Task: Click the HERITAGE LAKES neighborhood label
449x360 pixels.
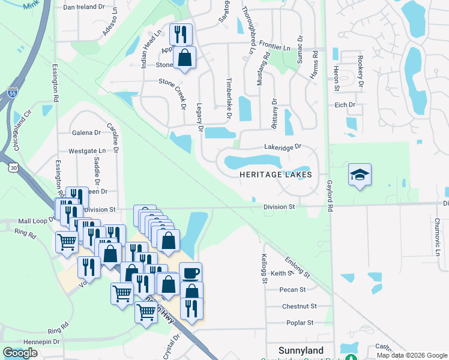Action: pyautogui.click(x=276, y=175)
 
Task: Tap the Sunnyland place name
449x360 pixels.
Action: pyautogui.click(x=301, y=350)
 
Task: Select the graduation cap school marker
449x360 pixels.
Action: pyautogui.click(x=360, y=175)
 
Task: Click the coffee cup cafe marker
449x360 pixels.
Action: pyautogui.click(x=191, y=274)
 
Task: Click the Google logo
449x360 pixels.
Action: pyautogui.click(x=20, y=353)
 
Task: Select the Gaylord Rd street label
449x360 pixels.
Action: pyautogui.click(x=330, y=196)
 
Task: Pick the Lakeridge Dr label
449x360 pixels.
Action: pyautogui.click(x=282, y=146)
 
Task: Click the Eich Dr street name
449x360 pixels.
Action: pyautogui.click(x=345, y=105)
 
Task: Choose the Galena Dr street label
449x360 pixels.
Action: pyautogui.click(x=86, y=133)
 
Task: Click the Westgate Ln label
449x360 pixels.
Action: pyautogui.click(x=86, y=152)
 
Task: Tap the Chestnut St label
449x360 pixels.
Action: pyautogui.click(x=298, y=306)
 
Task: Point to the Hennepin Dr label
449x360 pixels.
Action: pyautogui.click(x=40, y=341)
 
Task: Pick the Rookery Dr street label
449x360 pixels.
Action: pyautogui.click(x=360, y=73)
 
